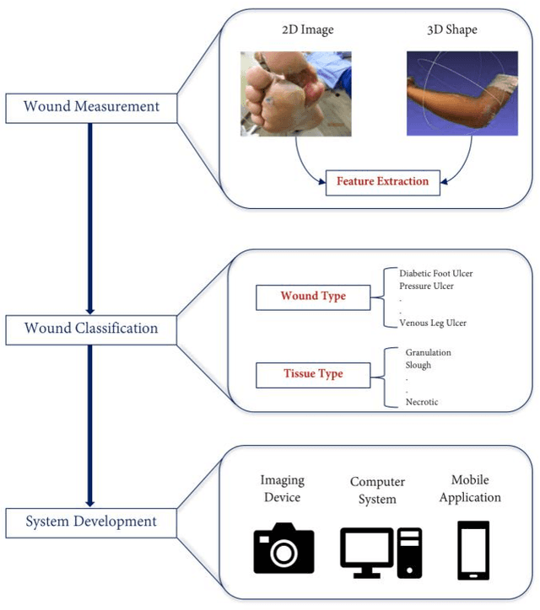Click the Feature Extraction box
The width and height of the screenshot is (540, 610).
tap(382, 181)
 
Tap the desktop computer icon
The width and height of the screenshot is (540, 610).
tap(381, 552)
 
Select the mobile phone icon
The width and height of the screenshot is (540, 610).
tap(474, 550)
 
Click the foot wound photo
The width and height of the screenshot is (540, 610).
tap(294, 94)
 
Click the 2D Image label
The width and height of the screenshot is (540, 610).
tap(307, 30)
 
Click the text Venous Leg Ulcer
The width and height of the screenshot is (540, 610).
tap(433, 323)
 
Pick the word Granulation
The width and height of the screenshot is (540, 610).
tap(428, 352)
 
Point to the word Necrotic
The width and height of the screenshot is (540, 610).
tap(422, 403)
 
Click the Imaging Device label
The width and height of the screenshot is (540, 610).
tap(282, 489)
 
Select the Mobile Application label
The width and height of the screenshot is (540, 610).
tap(470, 489)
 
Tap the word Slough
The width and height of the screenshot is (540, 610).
tap(418, 365)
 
